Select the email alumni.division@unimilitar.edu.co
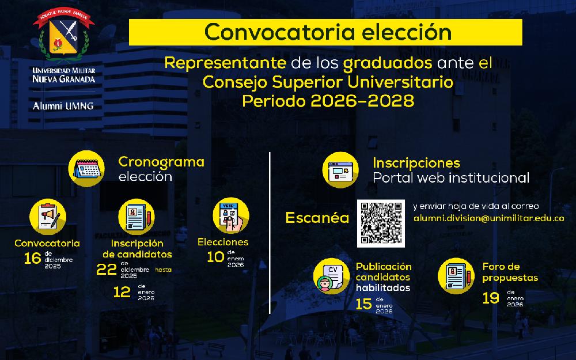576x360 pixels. (488, 219)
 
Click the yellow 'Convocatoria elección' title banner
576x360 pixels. (325, 32)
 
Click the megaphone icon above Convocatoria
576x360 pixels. (48, 217)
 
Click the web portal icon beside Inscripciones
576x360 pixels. (340, 169)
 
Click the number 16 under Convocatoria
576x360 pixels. (33, 258)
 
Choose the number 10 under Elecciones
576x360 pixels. (215, 257)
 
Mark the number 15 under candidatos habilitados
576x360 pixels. (363, 304)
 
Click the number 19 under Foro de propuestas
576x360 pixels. (490, 298)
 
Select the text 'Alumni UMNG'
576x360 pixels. (63, 106)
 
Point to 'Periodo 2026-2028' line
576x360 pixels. (328, 101)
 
